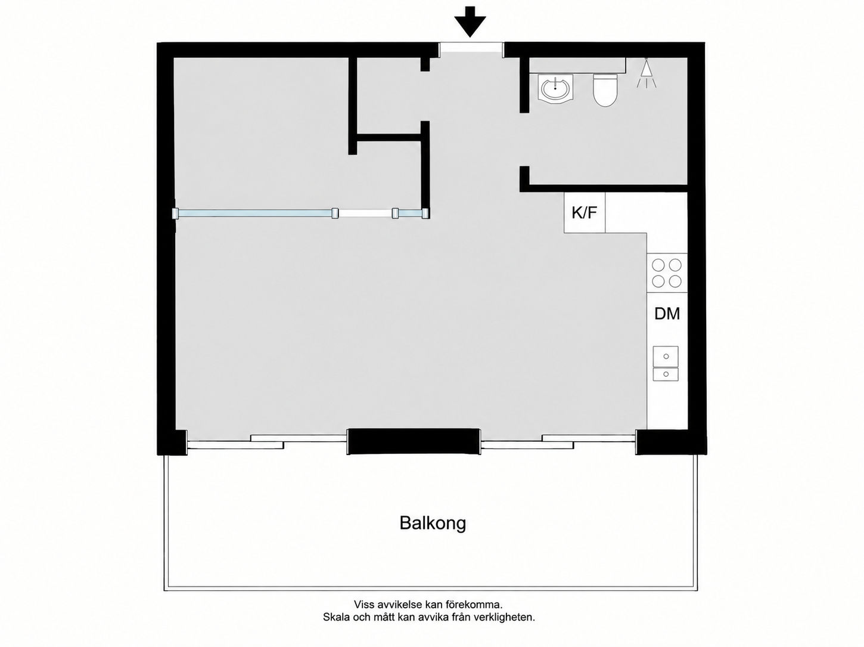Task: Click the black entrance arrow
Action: point(470,21)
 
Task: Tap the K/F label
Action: point(584,213)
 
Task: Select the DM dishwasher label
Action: point(667,314)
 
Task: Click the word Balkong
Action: point(433,524)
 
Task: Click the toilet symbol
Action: point(605,90)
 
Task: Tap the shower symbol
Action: point(647,73)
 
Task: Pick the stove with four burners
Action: point(667,273)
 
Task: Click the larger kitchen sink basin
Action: point(666,356)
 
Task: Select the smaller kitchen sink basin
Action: point(666,374)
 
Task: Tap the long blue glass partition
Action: point(254,213)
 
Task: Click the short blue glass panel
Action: point(410,213)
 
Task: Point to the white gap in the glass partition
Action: point(365,213)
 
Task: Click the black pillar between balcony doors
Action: point(414,441)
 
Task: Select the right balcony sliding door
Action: point(558,441)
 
